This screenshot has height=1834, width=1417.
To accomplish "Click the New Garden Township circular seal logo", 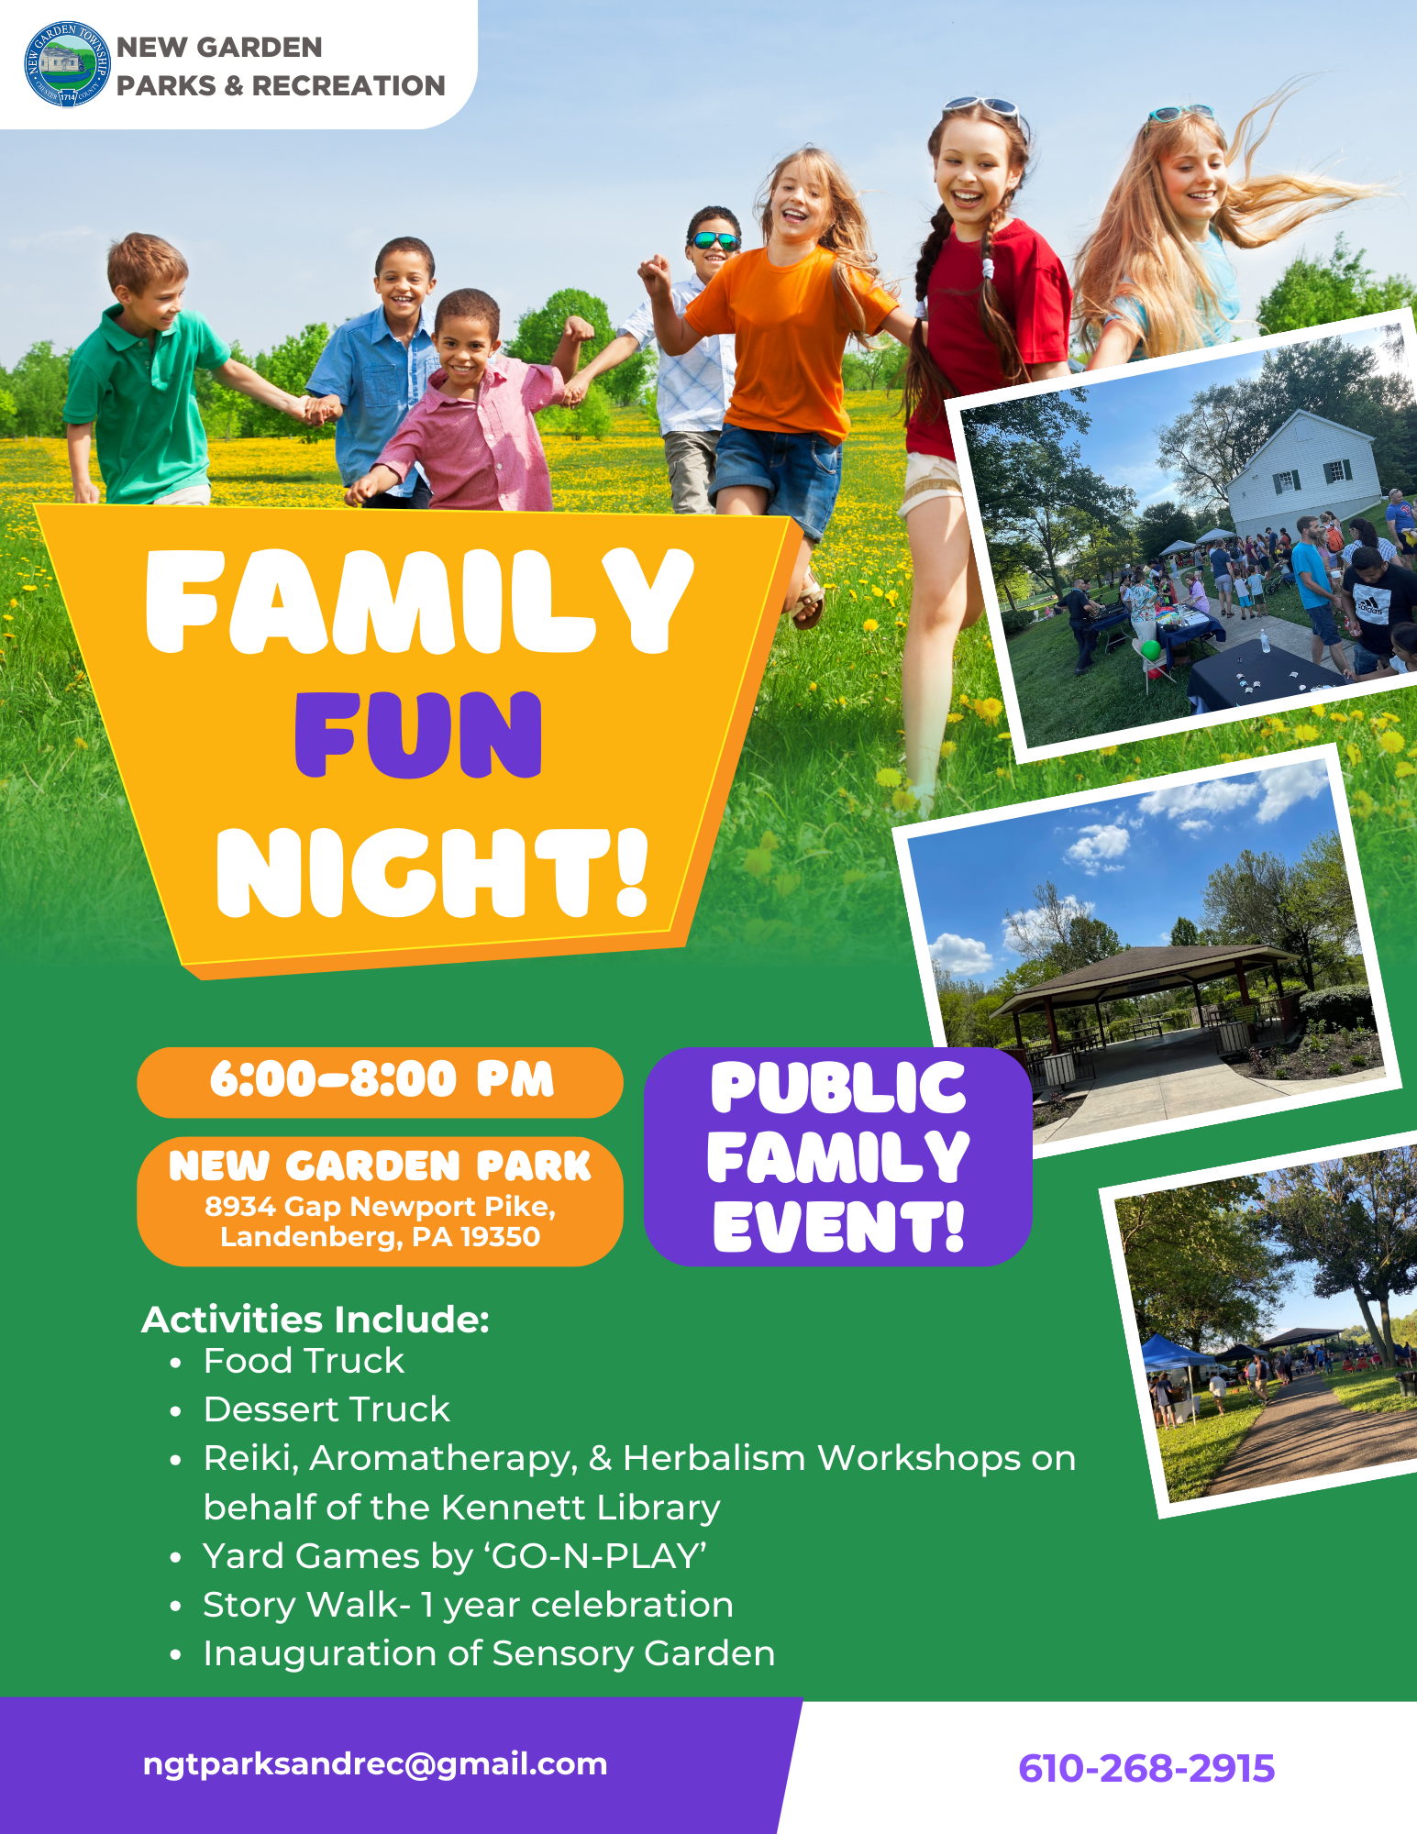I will click(66, 64).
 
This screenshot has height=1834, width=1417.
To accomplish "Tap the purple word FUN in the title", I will click(418, 735).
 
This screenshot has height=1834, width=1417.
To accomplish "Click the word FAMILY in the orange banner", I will click(418, 602).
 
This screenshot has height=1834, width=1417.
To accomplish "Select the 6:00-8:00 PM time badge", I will click(380, 1080).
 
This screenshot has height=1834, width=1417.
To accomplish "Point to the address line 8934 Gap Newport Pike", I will click(380, 1207).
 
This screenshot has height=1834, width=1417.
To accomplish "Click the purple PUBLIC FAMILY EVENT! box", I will click(837, 1157).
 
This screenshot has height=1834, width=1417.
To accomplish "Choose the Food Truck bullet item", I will click(304, 1362).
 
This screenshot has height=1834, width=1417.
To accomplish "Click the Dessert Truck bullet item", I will click(327, 1410).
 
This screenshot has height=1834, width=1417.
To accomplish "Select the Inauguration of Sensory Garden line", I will click(489, 1654).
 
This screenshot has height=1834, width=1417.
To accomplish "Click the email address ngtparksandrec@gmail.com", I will click(375, 1764).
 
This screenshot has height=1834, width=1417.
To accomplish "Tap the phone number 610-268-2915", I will click(1146, 1769).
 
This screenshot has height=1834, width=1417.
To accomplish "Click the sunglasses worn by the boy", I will click(715, 241).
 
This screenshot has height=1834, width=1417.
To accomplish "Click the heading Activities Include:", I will click(316, 1320).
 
